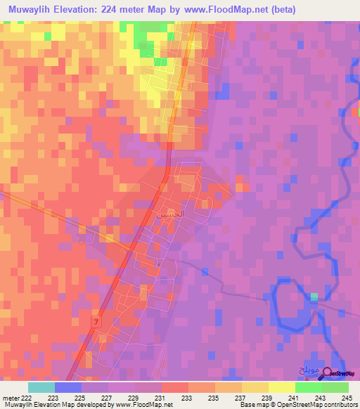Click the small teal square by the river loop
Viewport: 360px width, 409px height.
(314, 297)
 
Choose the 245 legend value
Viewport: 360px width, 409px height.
(348, 397)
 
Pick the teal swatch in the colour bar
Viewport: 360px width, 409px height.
(41, 387)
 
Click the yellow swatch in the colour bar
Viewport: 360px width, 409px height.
(282, 387)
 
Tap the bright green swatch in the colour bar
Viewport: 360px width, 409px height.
(309, 387)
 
